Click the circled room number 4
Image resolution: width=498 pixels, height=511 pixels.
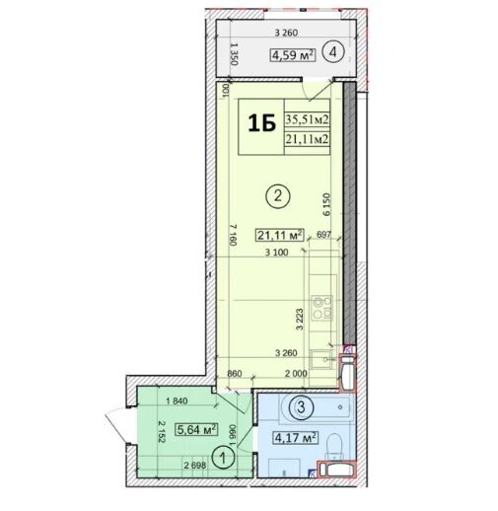(333, 52)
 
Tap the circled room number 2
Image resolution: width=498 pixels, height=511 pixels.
(278, 196)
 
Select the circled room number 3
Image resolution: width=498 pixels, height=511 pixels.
(301, 407)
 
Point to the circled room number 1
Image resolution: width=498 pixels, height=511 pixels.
(223, 457)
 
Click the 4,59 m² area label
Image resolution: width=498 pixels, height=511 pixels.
(293, 55)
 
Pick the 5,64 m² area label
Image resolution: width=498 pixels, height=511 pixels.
(196, 429)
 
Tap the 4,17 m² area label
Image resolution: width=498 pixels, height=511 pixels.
(296, 438)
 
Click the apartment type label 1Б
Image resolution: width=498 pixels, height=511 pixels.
(261, 123)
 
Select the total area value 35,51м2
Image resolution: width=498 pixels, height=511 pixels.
(307, 119)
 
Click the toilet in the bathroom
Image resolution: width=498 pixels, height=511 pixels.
(335, 446)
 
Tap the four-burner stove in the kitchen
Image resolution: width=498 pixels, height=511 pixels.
(322, 308)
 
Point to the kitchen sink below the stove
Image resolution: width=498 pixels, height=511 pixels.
(321, 359)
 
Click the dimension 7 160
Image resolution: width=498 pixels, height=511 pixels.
(233, 235)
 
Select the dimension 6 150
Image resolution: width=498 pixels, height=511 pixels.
(326, 204)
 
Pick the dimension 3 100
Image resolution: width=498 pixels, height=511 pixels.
(277, 253)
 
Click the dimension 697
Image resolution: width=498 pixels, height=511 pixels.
(323, 235)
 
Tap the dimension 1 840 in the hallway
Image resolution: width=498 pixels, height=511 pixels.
(177, 401)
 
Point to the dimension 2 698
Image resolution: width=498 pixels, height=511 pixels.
(195, 466)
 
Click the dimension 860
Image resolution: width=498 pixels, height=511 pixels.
(235, 374)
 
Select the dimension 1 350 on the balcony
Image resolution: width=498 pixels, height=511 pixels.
(234, 53)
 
